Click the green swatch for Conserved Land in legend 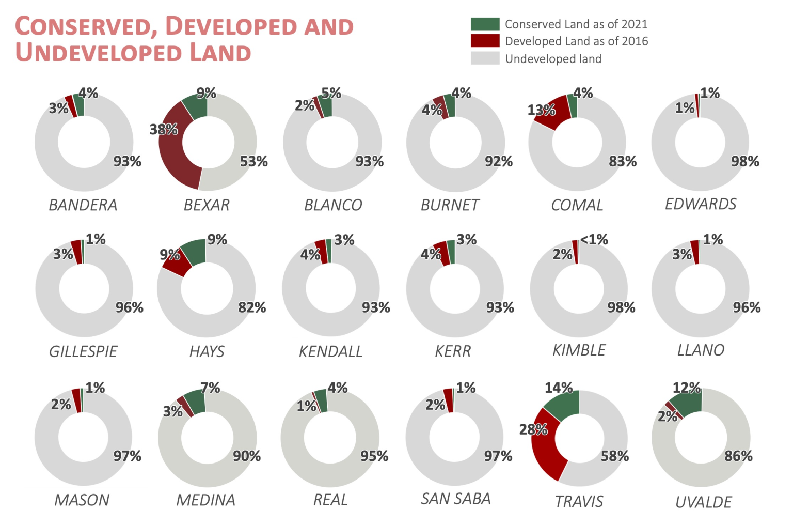tap(485, 24)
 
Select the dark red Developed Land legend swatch tap(485, 41)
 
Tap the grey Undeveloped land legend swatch tap(485, 58)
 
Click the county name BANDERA tap(83, 205)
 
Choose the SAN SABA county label tap(455, 499)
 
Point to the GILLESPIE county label tap(83, 351)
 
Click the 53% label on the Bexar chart tap(253, 162)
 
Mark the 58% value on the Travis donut tap(614, 456)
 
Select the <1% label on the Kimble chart tap(594, 240)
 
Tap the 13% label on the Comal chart tap(541, 110)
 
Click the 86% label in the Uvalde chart tap(738, 456)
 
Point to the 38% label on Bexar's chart tap(164, 129)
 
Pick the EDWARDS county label tap(701, 204)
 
